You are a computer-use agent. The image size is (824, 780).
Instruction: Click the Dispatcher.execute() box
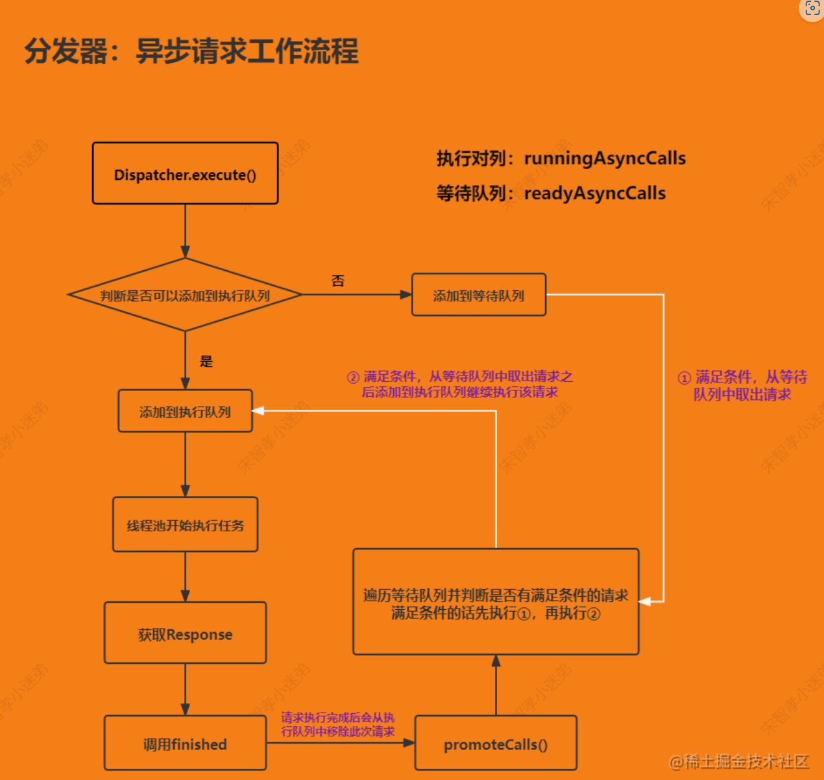coord(185,173)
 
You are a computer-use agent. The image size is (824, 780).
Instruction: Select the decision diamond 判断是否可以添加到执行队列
coord(185,295)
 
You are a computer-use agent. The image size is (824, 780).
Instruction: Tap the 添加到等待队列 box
coord(479,295)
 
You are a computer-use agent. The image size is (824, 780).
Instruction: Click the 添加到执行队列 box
coord(185,411)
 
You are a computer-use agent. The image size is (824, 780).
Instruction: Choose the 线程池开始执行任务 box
coord(185,525)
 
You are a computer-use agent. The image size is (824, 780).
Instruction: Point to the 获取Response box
coord(185,633)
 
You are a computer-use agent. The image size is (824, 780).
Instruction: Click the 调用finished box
coord(185,744)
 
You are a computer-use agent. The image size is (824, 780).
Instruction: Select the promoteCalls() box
coord(496,744)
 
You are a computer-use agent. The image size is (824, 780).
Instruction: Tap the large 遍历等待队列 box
coord(496,602)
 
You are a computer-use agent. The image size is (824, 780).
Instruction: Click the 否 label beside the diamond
coord(338,281)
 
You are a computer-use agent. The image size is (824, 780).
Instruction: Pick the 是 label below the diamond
coord(206,361)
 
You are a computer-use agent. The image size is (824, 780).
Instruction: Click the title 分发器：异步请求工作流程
coord(191,51)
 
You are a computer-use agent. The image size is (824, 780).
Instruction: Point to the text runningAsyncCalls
coord(605,158)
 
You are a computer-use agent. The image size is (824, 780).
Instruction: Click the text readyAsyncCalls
coord(595,193)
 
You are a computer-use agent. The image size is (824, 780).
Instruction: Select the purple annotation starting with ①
coord(742,385)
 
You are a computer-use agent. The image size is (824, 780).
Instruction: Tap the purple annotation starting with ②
coord(460,384)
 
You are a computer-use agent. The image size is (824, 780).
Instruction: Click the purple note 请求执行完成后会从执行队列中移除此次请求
coord(337,724)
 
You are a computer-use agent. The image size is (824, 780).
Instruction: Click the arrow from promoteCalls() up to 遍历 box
coord(496,685)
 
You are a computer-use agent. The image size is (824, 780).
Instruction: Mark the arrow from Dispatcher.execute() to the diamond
coord(185,231)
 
